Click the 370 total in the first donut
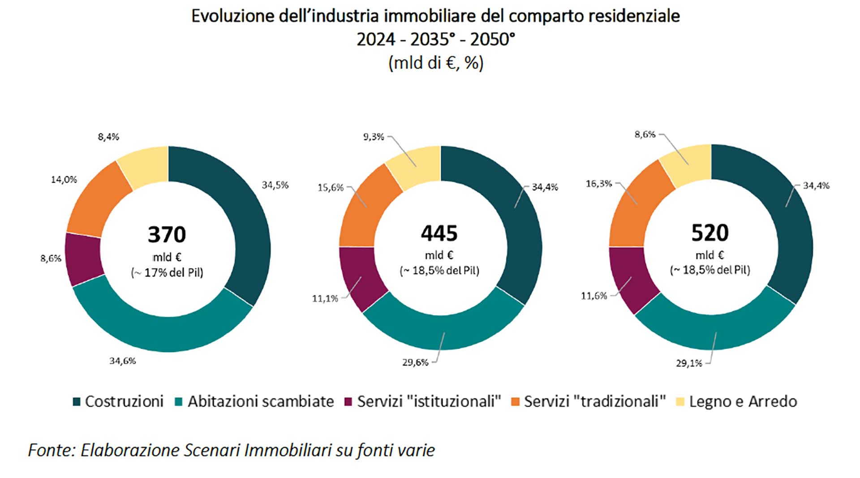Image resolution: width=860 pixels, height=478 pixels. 167,235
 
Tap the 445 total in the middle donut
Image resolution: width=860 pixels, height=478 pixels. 439,233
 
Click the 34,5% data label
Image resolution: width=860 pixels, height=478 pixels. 275,185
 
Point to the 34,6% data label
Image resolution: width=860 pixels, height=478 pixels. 122,361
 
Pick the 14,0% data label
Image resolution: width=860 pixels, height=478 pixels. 64,180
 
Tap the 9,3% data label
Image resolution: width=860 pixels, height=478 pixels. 373,137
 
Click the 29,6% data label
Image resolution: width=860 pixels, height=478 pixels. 415,362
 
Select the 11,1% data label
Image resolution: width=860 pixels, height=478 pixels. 325,298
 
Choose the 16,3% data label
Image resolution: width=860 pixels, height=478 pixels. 598,184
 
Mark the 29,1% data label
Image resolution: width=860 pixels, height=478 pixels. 689,363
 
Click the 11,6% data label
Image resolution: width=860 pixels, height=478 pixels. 593,296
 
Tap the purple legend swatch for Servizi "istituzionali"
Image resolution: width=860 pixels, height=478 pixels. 348,402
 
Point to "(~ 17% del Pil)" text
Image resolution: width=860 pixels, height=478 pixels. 167,272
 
